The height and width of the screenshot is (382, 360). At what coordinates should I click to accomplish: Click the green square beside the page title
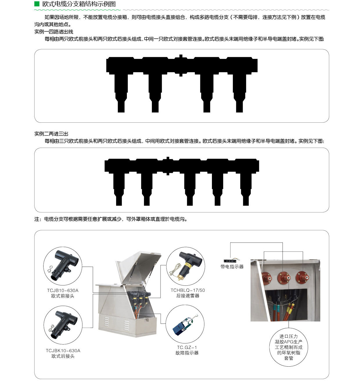37,4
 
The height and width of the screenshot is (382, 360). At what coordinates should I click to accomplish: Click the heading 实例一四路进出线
54,32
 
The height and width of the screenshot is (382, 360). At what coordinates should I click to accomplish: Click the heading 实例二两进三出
51,134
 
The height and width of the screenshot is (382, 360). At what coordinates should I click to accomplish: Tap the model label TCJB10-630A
63,290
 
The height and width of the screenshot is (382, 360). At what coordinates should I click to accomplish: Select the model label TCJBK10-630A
63,351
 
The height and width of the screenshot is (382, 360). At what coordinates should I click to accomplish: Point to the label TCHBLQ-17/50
188,290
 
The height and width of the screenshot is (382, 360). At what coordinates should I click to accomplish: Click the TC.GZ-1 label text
187,347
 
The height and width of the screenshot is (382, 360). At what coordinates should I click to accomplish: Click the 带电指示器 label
232,267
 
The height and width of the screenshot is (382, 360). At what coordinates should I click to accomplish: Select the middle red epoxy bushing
284,278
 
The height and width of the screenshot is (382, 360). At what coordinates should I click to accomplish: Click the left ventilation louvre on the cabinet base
107,322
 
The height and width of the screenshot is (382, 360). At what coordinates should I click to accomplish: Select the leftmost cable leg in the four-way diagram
121,93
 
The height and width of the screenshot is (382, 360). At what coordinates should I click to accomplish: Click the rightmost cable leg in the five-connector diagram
246,189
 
